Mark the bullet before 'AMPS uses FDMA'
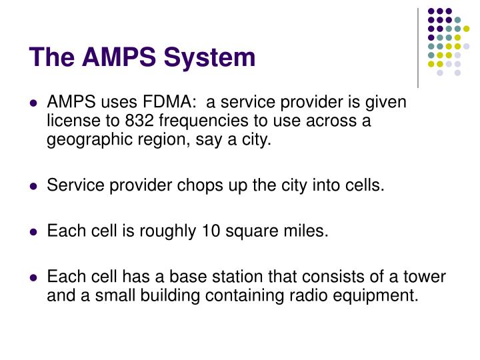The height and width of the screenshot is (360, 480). point(33,104)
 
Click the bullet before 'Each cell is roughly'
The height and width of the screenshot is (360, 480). point(33,231)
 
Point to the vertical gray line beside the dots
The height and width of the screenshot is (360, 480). point(418,47)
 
